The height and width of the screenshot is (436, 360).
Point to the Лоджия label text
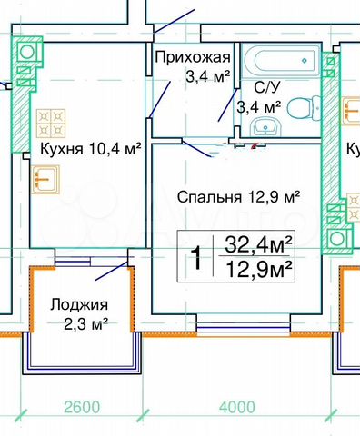point(81,304)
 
